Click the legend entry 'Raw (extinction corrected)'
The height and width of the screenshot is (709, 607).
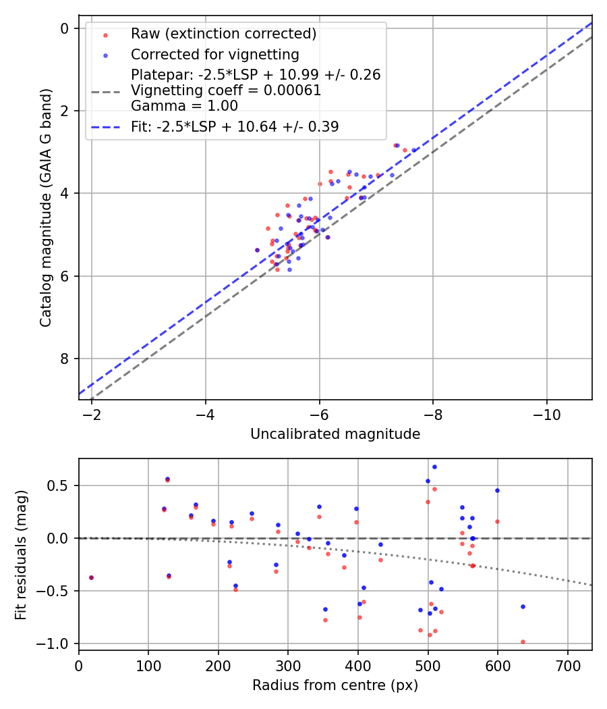[x=223, y=34]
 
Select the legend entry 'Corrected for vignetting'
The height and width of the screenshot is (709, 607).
[x=215, y=54]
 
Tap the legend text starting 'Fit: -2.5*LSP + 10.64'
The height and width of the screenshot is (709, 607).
[x=235, y=126]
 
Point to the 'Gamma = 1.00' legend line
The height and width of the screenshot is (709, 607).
[x=184, y=105]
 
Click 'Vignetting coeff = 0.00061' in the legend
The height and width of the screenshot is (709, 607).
[x=226, y=90]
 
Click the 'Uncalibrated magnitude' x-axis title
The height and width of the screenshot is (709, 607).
[x=335, y=434]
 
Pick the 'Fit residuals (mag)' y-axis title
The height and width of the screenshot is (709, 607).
[x=22, y=554]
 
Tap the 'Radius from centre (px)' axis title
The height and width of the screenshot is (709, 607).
[x=335, y=685]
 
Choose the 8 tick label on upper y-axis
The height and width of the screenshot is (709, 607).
[x=65, y=359]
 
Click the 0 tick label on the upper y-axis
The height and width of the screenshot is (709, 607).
[x=65, y=28]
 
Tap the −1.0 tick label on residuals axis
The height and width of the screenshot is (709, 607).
[x=58, y=644]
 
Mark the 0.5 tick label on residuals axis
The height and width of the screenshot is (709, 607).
[x=61, y=485]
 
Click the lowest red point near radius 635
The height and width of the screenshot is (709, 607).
[x=523, y=641]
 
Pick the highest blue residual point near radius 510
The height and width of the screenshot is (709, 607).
[x=434, y=467]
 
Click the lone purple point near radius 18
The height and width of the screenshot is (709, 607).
[x=91, y=577]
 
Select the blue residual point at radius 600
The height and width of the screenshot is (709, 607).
[x=497, y=490]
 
